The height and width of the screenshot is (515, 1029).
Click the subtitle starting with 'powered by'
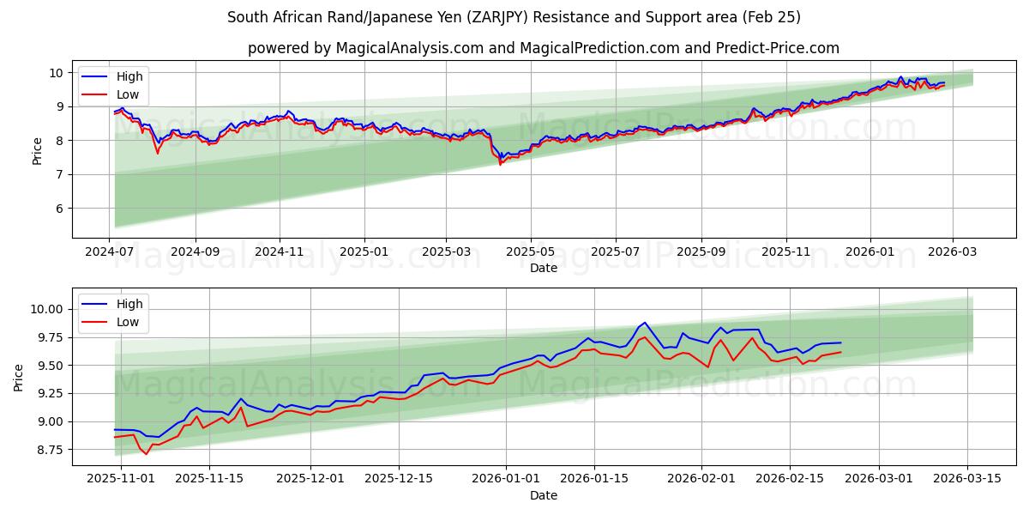pyautogui.click(x=544, y=48)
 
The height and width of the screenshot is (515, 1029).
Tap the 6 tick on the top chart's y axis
pyautogui.click(x=59, y=209)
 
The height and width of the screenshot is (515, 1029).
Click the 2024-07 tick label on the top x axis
pyautogui.click(x=110, y=252)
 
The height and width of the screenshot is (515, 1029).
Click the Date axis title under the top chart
pyautogui.click(x=544, y=268)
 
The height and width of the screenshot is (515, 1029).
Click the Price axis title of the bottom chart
pyautogui.click(x=19, y=377)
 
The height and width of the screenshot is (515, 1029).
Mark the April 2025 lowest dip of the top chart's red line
pyautogui.click(x=500, y=164)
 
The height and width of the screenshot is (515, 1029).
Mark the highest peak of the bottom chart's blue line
pyautogui.click(x=645, y=323)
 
